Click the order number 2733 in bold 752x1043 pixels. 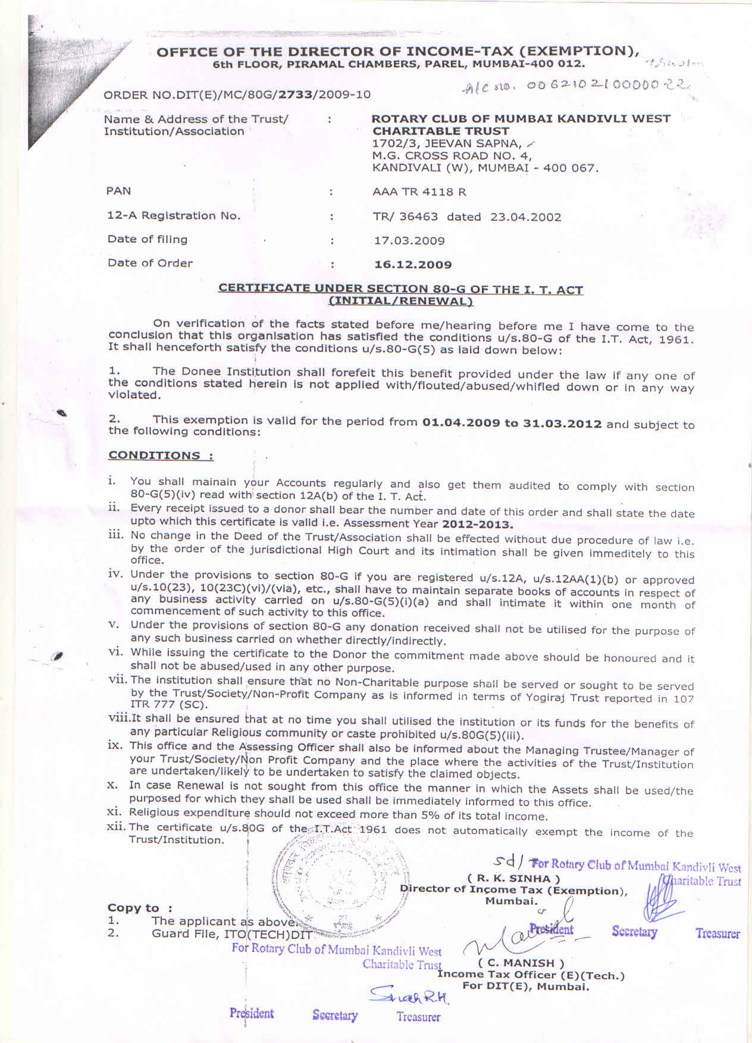[x=296, y=94]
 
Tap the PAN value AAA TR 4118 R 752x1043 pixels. [x=419, y=192]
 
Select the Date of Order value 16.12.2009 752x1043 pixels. [x=413, y=264]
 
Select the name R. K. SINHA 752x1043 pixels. [x=513, y=878]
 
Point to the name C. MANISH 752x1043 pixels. [x=521, y=963]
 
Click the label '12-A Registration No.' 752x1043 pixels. [x=174, y=216]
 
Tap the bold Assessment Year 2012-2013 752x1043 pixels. [x=477, y=524]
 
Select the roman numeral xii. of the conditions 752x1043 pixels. [x=117, y=827]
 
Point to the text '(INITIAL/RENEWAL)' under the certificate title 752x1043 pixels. [x=400, y=301]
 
